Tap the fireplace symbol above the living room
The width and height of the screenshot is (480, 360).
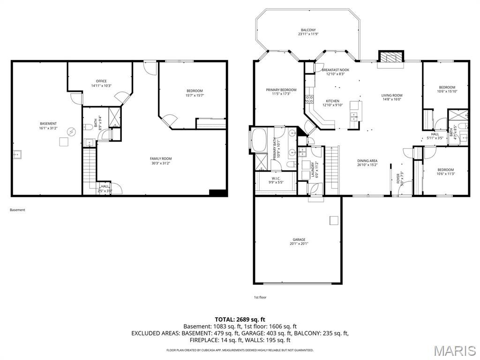point(390,58)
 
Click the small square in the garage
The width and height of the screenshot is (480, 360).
point(333,220)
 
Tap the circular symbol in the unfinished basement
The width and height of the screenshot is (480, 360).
point(71,132)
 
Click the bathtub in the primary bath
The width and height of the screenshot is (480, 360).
point(259,140)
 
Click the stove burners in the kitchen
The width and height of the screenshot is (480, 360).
point(309,99)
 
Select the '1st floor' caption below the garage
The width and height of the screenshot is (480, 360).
point(260,297)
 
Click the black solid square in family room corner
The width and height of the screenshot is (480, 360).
point(217,193)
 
